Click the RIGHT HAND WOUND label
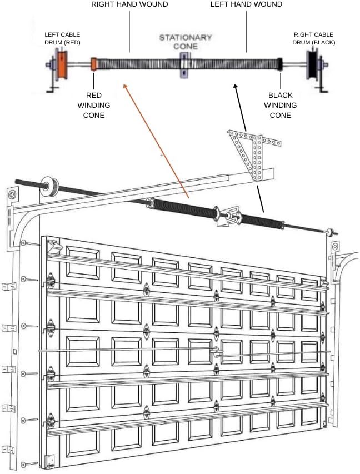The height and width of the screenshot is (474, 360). pyautogui.click(x=129, y=4)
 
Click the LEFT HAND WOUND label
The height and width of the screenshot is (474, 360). pyautogui.click(x=246, y=4)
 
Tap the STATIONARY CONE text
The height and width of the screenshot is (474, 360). pyautogui.click(x=186, y=42)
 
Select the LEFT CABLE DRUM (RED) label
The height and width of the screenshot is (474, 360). pyautogui.click(x=62, y=38)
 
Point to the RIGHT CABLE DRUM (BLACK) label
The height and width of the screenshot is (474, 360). pyautogui.click(x=314, y=38)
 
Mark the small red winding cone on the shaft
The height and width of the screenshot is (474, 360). pyautogui.click(x=94, y=64)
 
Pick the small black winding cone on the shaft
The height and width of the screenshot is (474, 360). pyautogui.click(x=280, y=64)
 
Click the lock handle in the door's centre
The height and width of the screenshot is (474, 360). pyautogui.click(x=216, y=351)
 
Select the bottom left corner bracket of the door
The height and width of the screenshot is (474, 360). pyautogui.click(x=49, y=459)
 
